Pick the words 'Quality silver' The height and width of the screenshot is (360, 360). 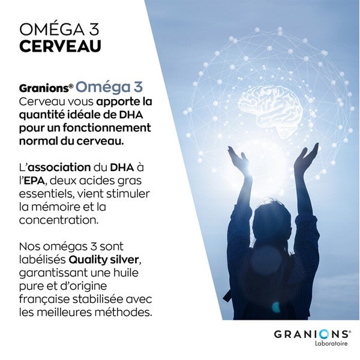[108, 259]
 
